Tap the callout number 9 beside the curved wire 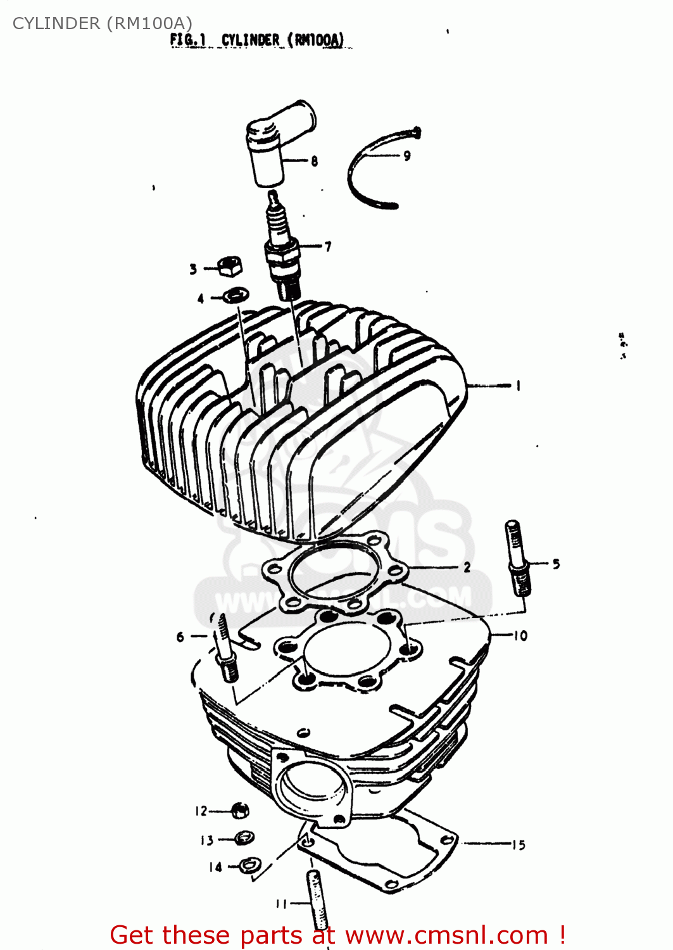407,155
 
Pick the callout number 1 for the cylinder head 519,385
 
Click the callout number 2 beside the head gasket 467,567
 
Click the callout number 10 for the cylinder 520,635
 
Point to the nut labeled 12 241,810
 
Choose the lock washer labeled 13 244,838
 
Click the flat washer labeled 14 248,864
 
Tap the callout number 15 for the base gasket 519,844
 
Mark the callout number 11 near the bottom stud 282,904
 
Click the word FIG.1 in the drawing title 187,40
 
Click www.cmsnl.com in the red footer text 446,935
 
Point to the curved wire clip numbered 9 364,171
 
